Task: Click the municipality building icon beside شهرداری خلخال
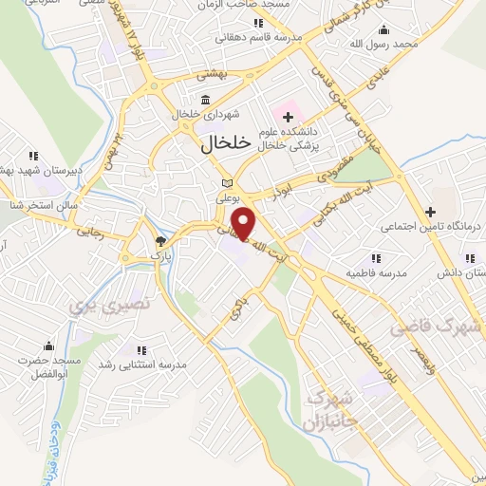(206, 100)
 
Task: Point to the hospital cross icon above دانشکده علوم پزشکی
(287, 115)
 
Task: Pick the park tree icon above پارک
(159, 242)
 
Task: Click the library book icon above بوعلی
(226, 184)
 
